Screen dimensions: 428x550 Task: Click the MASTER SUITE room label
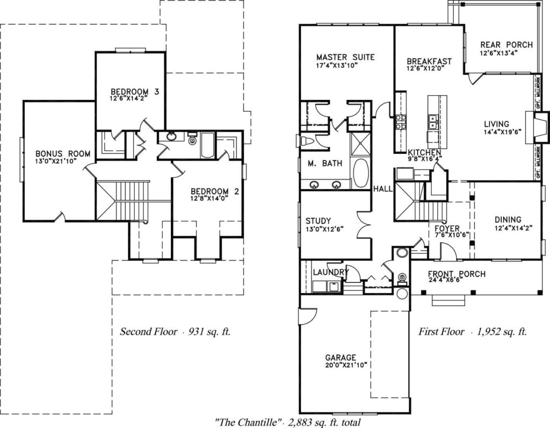345,57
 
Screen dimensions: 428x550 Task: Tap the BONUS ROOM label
63,154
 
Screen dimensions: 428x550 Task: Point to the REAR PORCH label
506,45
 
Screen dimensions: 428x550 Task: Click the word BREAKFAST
429,61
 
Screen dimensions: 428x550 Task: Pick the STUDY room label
318,220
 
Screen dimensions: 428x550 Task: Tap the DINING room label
508,219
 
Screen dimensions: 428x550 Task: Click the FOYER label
447,228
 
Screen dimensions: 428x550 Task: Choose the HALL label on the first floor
383,189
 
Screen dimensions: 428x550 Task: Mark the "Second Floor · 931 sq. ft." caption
175,331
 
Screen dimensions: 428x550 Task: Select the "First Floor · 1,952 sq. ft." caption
473,331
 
